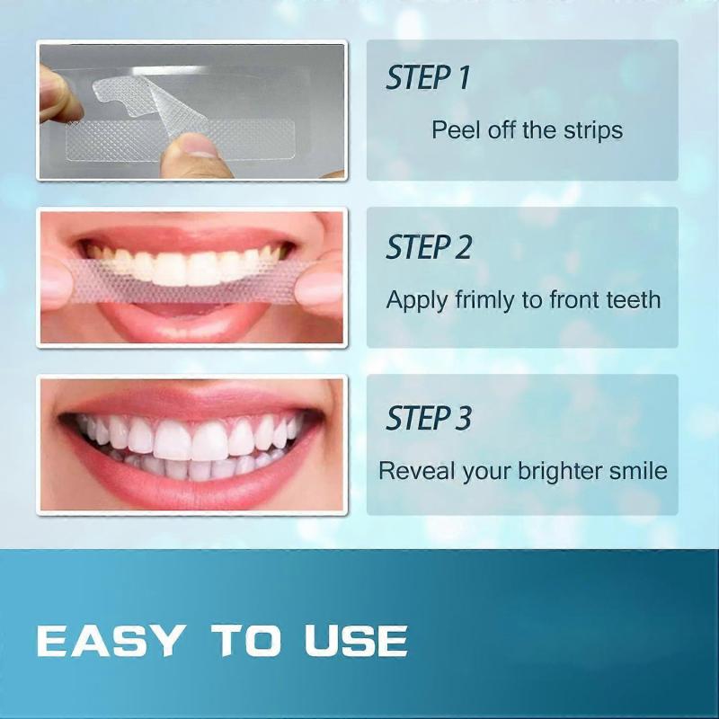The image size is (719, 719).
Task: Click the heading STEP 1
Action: (x=428, y=77)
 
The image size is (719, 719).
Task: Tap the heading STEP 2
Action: (x=429, y=247)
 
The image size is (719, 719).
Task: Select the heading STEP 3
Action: (x=429, y=418)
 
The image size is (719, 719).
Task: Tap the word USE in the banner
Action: (x=356, y=640)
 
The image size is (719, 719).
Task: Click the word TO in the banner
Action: (x=245, y=640)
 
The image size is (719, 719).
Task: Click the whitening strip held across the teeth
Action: (x=183, y=280)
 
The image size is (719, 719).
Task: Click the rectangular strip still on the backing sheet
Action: (x=180, y=140)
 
